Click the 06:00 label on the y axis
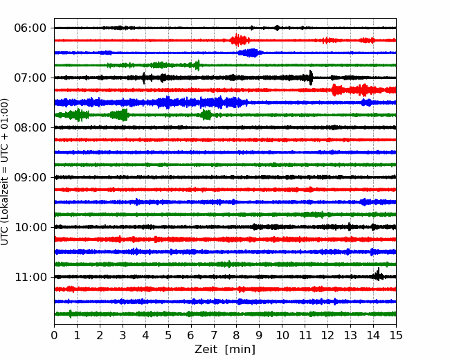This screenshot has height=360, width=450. click(x=30, y=28)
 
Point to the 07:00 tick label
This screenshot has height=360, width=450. click(x=30, y=78)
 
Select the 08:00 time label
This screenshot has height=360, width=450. click(x=30, y=128)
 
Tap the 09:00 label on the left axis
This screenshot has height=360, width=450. click(x=30, y=177)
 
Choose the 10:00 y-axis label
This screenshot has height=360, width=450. click(x=30, y=227)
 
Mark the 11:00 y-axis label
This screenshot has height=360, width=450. click(x=30, y=278)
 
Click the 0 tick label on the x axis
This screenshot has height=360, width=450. click(x=54, y=335)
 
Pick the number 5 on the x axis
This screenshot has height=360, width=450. click(x=168, y=335)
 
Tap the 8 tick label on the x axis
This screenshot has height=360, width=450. click(x=237, y=335)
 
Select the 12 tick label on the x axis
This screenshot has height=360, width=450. click(x=327, y=335)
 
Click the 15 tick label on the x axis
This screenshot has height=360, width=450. click(x=396, y=335)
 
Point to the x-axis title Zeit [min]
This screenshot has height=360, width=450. click(x=225, y=350)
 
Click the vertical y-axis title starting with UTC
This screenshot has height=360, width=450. click(x=5, y=172)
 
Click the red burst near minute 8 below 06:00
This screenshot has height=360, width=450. click(x=239, y=40)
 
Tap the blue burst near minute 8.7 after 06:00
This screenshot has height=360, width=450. click(x=251, y=53)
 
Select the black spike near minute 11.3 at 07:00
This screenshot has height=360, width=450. click(x=311, y=78)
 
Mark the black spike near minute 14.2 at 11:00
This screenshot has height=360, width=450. click(x=378, y=275)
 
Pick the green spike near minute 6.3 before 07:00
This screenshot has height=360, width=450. click(x=197, y=65)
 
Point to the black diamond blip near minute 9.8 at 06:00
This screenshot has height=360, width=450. click(x=277, y=28)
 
